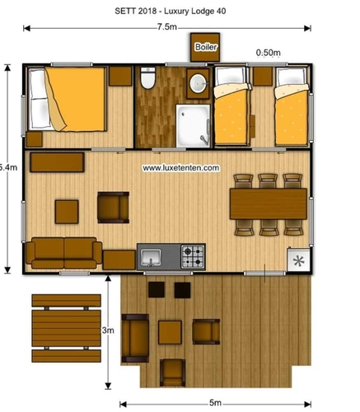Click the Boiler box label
point(206,47)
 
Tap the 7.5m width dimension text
point(167,27)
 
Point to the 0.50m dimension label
point(268,53)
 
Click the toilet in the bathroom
point(147,77)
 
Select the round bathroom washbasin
point(198,83)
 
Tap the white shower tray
point(194,126)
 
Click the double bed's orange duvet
point(77,99)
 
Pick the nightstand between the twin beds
point(263,76)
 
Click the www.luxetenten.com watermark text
point(181,168)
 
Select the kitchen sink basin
point(151,257)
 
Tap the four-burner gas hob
point(193,257)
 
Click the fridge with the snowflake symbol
point(298,260)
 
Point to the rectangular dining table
point(269,204)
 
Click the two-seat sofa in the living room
point(64,253)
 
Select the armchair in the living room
point(113,208)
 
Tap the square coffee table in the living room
point(67,212)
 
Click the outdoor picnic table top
point(67,328)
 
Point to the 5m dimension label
point(215,403)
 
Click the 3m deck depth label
point(108,330)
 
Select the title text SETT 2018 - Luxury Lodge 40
point(171,11)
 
